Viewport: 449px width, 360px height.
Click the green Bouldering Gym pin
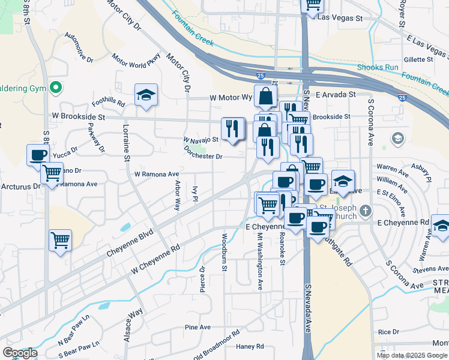coord(56,88)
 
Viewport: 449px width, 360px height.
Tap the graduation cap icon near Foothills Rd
coord(146,95)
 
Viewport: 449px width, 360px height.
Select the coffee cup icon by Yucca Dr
coord(38,155)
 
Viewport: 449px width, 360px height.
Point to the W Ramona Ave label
coord(157,174)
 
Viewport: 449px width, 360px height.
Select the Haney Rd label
coord(250,346)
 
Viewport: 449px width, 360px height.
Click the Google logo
coord(20,353)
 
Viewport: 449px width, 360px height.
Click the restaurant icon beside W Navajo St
coord(232,128)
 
